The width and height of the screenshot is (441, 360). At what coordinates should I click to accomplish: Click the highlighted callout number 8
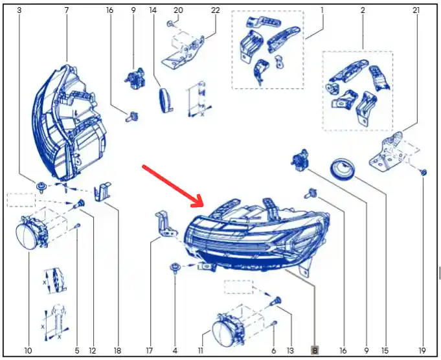point(315,350)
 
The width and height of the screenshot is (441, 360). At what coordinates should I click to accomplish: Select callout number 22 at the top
point(215,10)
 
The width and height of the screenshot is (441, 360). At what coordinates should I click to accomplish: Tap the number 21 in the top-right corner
point(416,10)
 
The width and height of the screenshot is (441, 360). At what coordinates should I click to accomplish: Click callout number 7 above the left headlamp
point(66,10)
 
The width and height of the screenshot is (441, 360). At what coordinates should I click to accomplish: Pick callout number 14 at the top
point(153,10)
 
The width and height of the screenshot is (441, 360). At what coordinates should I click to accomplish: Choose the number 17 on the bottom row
point(150,351)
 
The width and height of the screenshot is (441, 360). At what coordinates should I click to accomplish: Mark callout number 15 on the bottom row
point(385,351)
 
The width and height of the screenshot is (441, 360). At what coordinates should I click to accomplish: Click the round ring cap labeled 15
point(343,169)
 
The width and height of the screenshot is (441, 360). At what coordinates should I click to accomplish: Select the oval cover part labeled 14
point(165,100)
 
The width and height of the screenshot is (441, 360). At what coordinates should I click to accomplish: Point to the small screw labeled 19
point(424,172)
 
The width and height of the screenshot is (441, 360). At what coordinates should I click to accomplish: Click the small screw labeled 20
point(170,24)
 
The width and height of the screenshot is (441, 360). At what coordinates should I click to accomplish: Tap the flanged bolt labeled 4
point(175,267)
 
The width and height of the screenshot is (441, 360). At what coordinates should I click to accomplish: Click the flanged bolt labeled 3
point(41,186)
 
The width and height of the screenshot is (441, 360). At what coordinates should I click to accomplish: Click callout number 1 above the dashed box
point(322,10)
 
